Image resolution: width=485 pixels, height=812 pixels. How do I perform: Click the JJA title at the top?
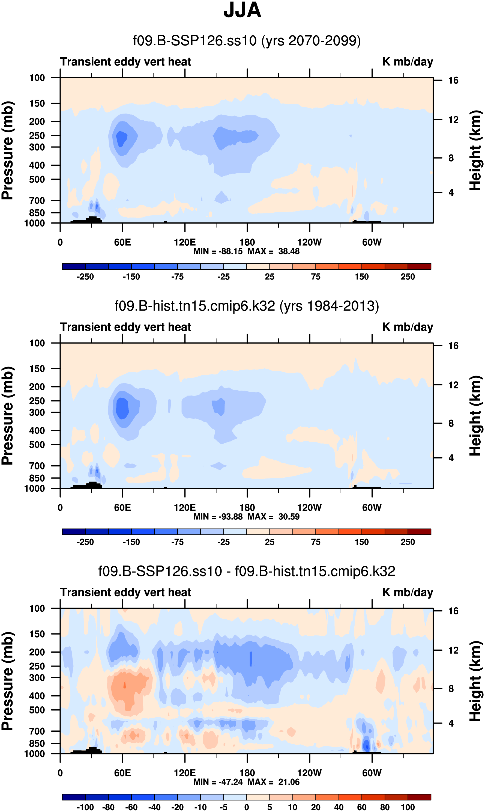[x=242, y=10]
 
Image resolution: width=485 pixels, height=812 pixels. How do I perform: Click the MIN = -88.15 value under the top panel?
[x=218, y=251]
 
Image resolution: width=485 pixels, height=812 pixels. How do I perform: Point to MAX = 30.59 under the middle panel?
[x=274, y=516]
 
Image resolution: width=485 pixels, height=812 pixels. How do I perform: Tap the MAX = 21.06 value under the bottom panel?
[x=274, y=782]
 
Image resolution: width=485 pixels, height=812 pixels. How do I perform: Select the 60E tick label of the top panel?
[x=122, y=242]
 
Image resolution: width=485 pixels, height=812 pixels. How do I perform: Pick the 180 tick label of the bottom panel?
[x=247, y=773]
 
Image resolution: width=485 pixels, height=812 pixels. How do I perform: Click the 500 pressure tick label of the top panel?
[x=37, y=180]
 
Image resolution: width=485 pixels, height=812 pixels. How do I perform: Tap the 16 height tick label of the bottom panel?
[x=453, y=611]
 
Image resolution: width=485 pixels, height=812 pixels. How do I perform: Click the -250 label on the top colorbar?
[x=85, y=277]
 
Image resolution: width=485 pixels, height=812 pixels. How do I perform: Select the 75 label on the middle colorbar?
[x=315, y=542]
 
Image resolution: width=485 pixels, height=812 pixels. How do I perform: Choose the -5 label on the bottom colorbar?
[x=224, y=807]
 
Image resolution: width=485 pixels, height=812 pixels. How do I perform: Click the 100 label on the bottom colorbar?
[x=408, y=807]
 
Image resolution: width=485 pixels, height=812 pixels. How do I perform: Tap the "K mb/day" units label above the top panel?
[x=408, y=61]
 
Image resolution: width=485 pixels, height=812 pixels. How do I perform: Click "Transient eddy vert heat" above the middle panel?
[x=125, y=327]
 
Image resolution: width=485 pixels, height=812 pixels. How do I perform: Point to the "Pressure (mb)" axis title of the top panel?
[x=7, y=150]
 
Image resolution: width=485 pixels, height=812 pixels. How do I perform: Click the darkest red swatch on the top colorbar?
[x=419, y=266]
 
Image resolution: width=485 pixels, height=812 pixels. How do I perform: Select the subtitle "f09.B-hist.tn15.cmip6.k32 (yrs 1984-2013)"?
[x=247, y=306]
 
